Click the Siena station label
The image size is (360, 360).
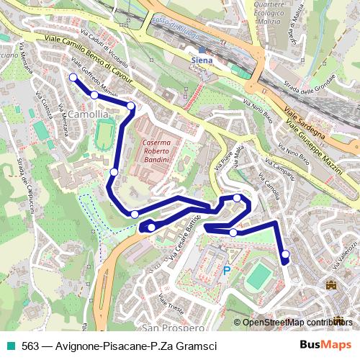(203, 60)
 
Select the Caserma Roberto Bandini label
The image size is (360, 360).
(156, 152)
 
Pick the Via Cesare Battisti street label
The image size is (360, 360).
(184, 234)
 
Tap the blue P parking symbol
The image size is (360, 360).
(226, 271)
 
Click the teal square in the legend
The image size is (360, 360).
(11, 346)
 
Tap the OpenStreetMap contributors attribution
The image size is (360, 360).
(297, 323)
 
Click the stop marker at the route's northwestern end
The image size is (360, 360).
(73, 78)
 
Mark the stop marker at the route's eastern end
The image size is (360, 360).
(285, 253)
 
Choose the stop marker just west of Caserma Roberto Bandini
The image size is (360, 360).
(114, 171)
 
